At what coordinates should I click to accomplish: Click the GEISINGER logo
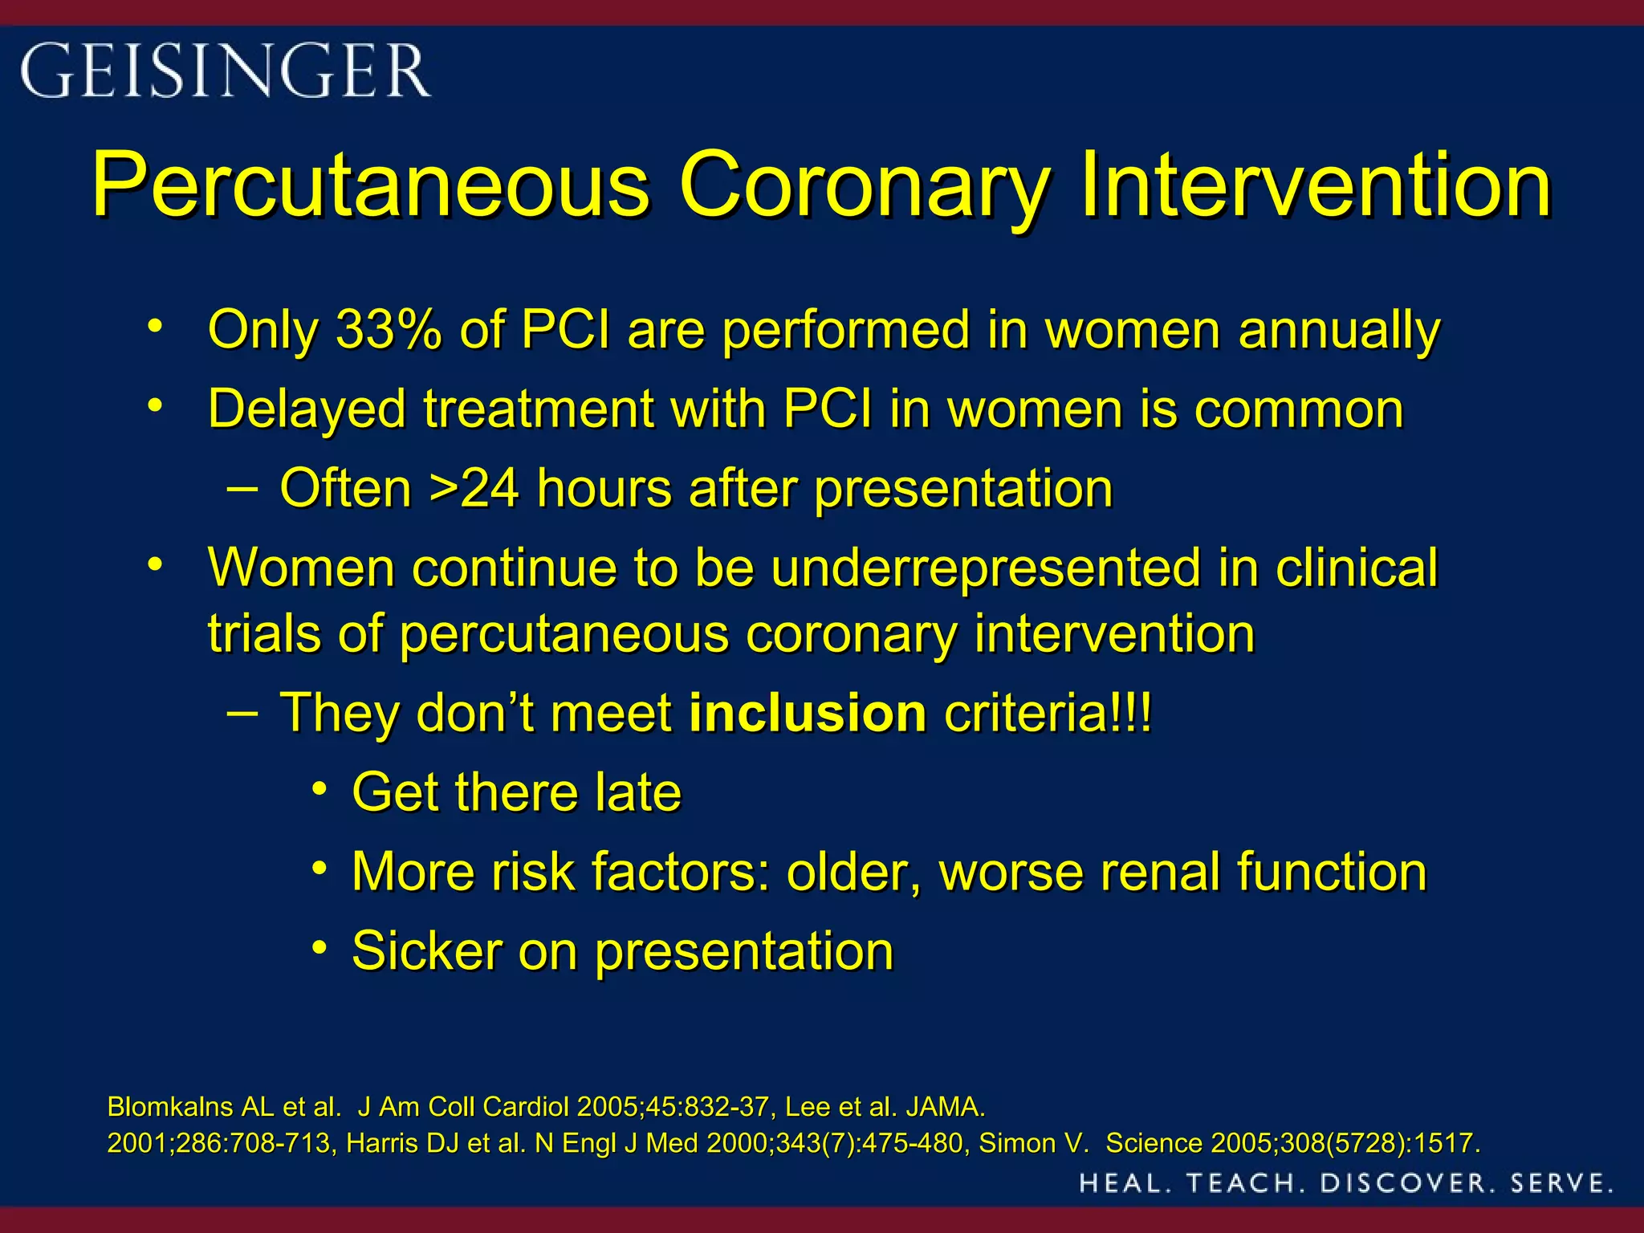[x=226, y=71]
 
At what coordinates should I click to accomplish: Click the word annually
[x=1339, y=331]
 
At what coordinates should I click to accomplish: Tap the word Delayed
[x=307, y=409]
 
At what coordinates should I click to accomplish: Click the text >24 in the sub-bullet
[x=474, y=488]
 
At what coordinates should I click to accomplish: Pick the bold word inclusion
[x=808, y=713]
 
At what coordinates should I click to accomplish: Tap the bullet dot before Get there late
[x=320, y=789]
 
